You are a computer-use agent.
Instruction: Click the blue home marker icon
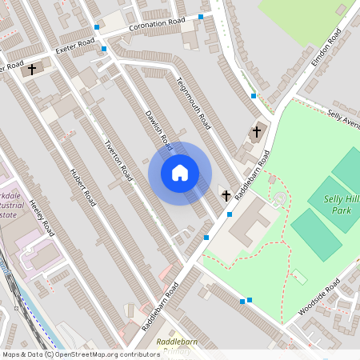pos(180,173)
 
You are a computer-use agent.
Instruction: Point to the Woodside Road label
pos(319,297)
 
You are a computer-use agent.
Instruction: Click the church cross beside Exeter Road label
pos(32,70)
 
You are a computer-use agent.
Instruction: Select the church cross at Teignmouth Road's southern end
pos(226,194)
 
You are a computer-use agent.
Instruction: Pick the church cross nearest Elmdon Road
pos(257,130)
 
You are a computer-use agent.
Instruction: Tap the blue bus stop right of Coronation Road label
pos(201,16)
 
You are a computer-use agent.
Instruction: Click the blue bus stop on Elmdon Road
pos(254,96)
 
